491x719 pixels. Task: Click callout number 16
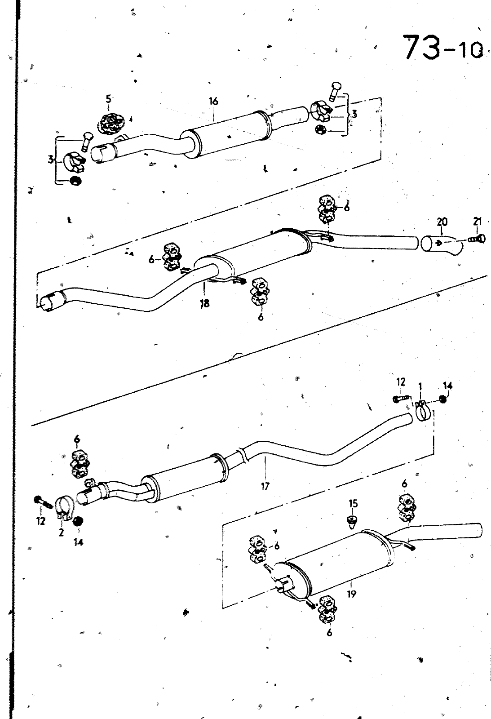point(213,102)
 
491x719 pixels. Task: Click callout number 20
point(442,222)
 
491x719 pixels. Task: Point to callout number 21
point(477,221)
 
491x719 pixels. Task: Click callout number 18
point(205,303)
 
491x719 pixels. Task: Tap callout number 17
point(265,486)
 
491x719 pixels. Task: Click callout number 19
point(351,594)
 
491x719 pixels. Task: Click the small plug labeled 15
point(353,521)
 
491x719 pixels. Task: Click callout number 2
point(61,532)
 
